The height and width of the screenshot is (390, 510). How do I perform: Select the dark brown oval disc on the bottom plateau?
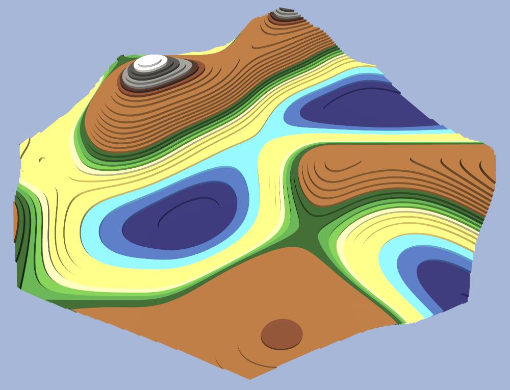click(x=282, y=334)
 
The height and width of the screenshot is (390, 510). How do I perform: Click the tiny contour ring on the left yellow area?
click(x=42, y=160)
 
